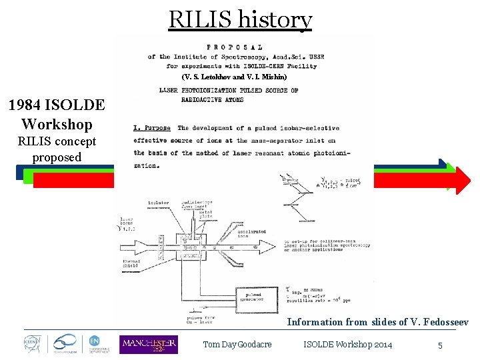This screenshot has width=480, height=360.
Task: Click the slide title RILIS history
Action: [x=240, y=20]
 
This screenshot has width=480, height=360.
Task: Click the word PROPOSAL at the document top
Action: [x=234, y=47]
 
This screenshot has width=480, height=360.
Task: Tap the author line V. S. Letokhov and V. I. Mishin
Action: [x=234, y=77]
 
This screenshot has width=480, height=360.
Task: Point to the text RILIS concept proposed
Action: [x=57, y=149]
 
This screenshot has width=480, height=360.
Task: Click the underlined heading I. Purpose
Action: [x=152, y=128]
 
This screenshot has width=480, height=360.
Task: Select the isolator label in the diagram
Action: [x=158, y=202]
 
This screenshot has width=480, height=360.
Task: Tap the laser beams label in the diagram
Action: [x=127, y=222]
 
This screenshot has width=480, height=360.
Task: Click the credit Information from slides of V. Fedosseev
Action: [x=377, y=322]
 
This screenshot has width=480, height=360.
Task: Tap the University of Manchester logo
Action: [x=148, y=344]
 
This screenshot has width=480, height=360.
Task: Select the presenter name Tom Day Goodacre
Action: [x=237, y=345]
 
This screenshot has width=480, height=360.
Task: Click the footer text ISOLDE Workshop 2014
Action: [x=347, y=345]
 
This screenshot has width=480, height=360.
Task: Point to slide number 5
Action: [x=440, y=345]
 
